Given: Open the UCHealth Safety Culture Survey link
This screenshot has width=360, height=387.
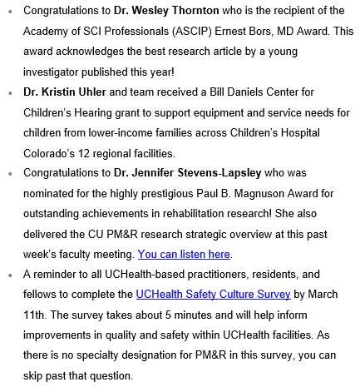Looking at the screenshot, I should coord(214,294).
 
